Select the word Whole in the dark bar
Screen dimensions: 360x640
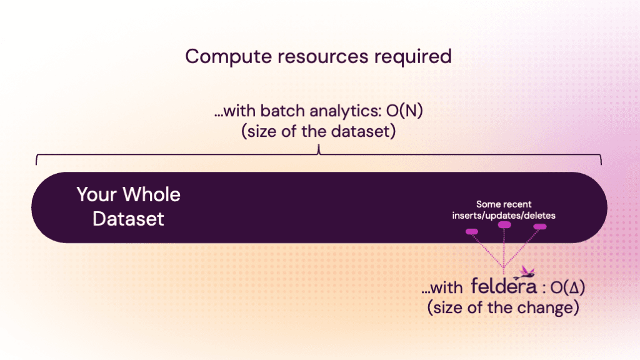(x=151, y=194)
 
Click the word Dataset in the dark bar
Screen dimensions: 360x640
(x=129, y=219)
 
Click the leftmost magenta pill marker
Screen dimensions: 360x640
(x=472, y=232)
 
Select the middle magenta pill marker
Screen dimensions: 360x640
(x=504, y=225)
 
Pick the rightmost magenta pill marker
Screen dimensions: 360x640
(x=540, y=226)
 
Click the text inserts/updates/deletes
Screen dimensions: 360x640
(x=504, y=215)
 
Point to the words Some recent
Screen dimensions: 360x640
(x=504, y=204)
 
